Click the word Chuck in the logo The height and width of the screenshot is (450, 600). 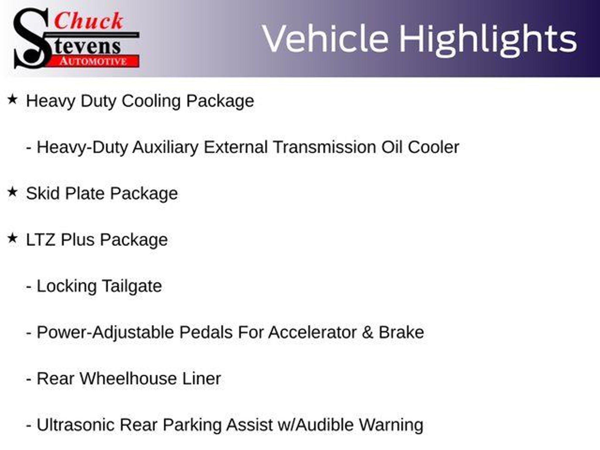(88, 21)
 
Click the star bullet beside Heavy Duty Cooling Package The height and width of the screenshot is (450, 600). (13, 100)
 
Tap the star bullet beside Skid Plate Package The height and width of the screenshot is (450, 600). (13, 192)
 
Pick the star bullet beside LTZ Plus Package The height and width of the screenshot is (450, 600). (13, 238)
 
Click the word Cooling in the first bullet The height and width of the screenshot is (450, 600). (151, 101)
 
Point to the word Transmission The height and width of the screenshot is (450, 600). (325, 147)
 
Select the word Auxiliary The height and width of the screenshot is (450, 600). (166, 147)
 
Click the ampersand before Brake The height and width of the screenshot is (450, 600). (367, 333)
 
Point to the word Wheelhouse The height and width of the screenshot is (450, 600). (128, 379)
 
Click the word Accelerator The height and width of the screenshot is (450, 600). (312, 333)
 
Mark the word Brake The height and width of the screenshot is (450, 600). (401, 333)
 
